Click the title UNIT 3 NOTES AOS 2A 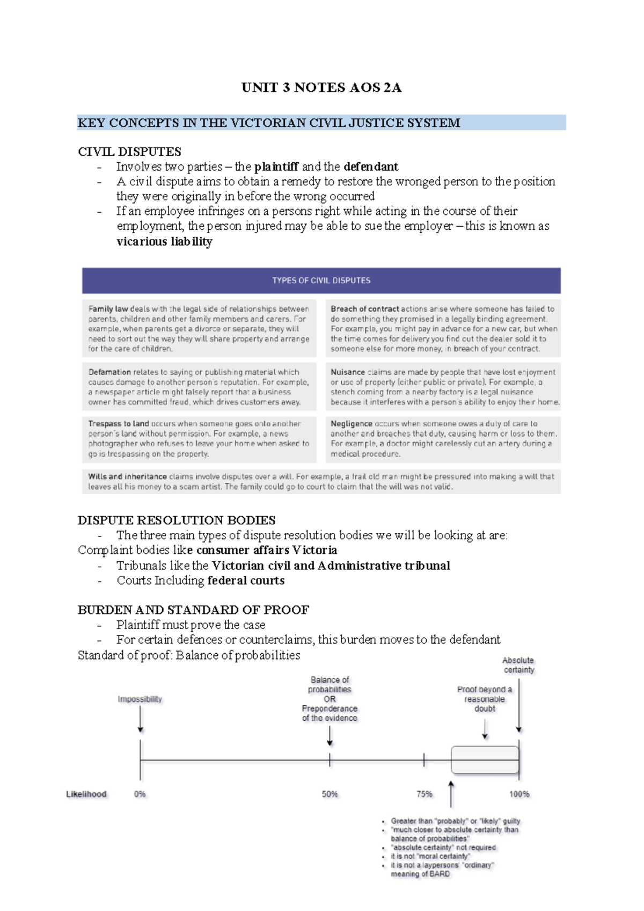tap(321, 88)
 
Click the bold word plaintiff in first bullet tap(276, 167)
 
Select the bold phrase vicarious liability tap(164, 242)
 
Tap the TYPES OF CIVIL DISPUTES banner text tap(321, 280)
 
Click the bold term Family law tap(108, 309)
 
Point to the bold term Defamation tap(109, 372)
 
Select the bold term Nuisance tap(347, 372)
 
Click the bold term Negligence tap(351, 424)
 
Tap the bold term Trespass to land tap(118, 424)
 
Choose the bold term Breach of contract tap(364, 309)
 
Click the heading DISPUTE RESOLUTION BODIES tap(176, 520)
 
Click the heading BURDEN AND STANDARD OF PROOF tap(193, 610)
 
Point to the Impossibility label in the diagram tap(140, 699)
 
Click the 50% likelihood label tap(330, 794)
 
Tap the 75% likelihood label tap(424, 794)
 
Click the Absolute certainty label tap(518, 665)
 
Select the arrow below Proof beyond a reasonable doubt tap(485, 729)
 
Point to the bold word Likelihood tap(86, 794)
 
